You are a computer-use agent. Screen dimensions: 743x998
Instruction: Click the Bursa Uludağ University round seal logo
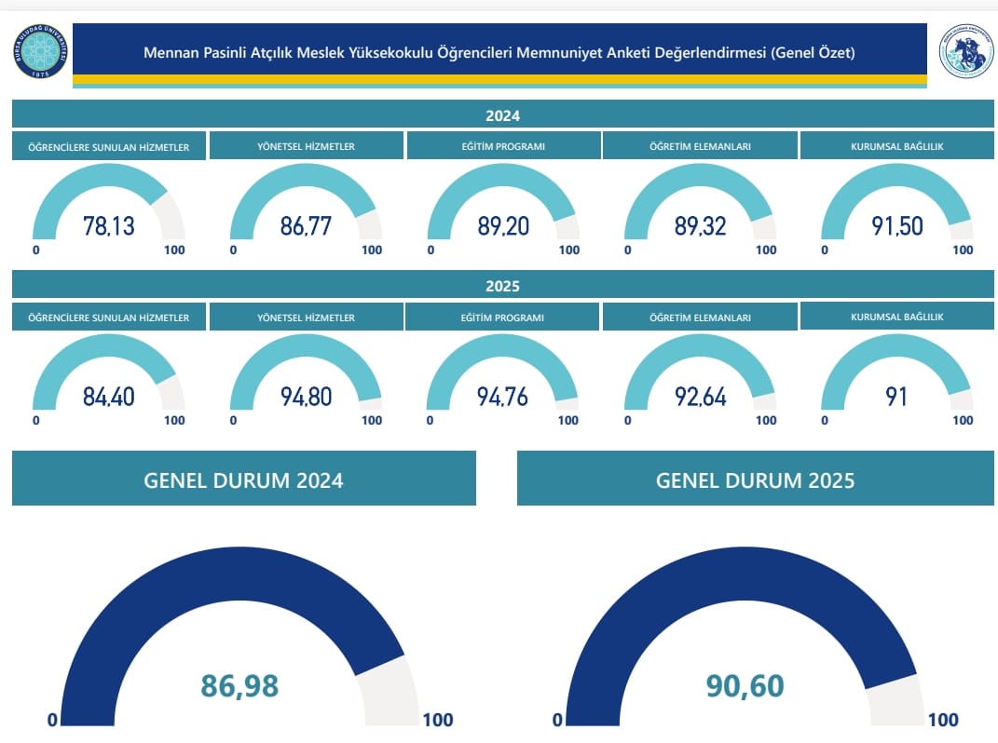click(39, 52)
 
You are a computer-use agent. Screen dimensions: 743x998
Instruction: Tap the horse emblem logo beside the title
click(965, 52)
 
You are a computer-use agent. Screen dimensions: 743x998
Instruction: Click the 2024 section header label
click(502, 116)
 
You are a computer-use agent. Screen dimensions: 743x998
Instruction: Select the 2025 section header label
click(502, 286)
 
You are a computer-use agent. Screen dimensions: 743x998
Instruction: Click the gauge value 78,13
click(109, 226)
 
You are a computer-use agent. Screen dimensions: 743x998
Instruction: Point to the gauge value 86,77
click(306, 226)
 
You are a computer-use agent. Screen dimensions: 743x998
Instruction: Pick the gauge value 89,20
click(503, 226)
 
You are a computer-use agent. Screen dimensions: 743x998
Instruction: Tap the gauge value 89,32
click(700, 226)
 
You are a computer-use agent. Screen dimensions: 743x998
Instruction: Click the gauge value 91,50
click(897, 226)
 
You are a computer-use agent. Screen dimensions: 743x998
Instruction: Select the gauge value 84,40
click(109, 397)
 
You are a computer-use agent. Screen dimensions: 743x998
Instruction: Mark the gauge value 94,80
click(306, 397)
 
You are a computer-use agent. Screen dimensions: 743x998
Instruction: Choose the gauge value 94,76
click(503, 397)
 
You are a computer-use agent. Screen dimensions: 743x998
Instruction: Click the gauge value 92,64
click(700, 397)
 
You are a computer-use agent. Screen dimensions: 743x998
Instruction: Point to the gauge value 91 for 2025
click(897, 397)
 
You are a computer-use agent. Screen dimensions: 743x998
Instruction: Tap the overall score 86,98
click(239, 686)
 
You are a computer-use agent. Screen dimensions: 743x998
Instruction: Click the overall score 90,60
click(745, 686)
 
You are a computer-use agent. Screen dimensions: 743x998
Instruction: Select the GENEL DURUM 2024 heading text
click(243, 480)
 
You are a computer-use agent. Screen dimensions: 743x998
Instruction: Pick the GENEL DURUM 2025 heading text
click(755, 480)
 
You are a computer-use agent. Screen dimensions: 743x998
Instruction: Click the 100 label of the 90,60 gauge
click(943, 720)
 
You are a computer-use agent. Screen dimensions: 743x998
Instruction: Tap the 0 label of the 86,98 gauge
click(53, 720)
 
